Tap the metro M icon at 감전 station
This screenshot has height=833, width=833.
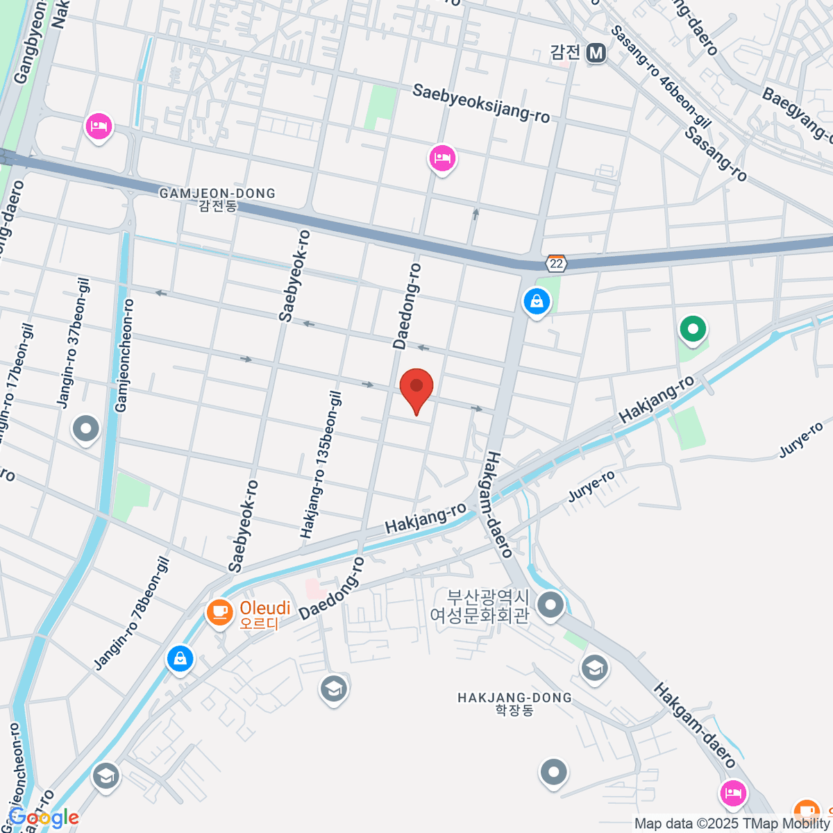click(596, 53)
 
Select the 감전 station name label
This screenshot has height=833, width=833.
click(565, 52)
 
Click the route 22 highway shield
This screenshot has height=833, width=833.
click(556, 264)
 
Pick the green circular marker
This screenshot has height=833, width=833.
click(692, 328)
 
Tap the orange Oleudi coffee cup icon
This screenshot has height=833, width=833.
click(220, 612)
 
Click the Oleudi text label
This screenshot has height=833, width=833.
click(265, 609)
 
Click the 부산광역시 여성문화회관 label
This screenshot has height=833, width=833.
click(480, 606)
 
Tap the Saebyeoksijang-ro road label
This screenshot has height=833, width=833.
click(481, 103)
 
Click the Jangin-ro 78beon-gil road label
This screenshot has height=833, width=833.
click(132, 614)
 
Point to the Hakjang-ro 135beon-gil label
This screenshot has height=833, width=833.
click(321, 464)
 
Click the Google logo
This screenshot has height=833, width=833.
click(44, 818)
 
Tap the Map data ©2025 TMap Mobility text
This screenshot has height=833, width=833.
click(732, 824)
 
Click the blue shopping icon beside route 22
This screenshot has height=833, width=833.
click(537, 301)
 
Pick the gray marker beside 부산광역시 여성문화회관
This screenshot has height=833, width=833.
click(550, 604)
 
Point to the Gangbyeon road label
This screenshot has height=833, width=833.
click(30, 42)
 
